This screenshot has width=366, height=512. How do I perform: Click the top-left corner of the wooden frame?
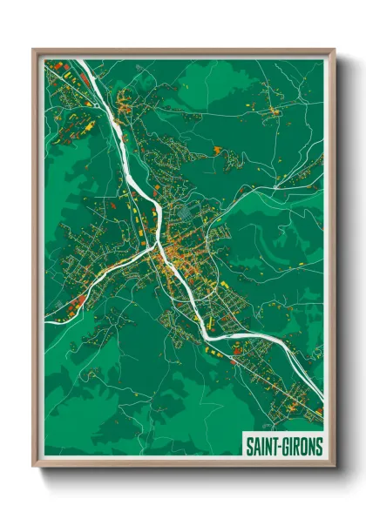point(34,50)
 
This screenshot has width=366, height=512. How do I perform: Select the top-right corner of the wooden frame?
point(334,50)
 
